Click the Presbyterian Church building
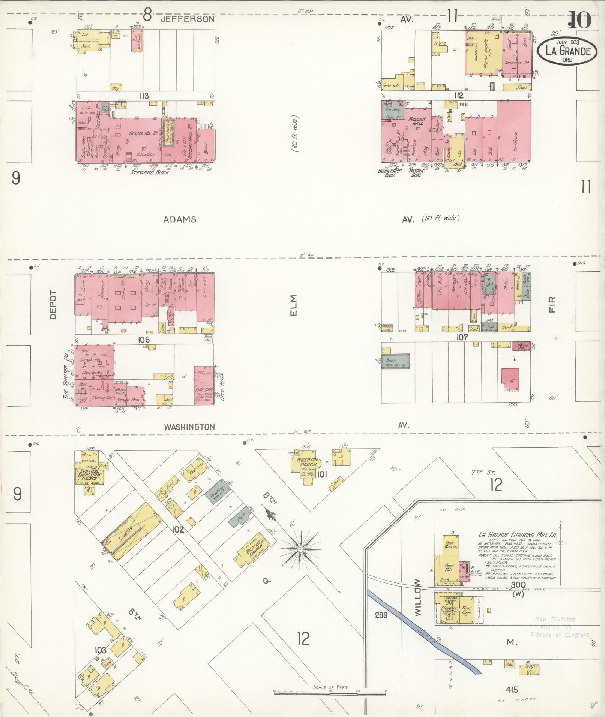coord(306,464)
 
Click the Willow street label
coord(418,602)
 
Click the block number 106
coord(144,340)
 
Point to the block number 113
coord(144,96)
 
